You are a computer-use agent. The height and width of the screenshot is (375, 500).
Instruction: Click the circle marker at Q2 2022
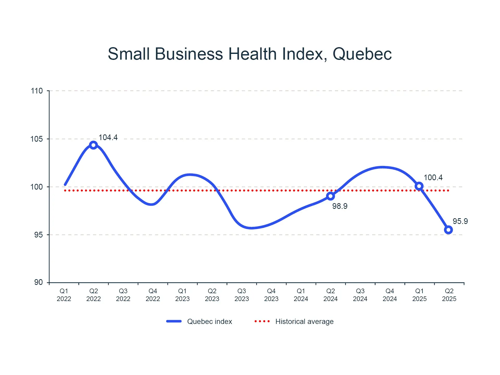coord(93,145)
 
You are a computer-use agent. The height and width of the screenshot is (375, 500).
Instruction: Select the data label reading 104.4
coord(108,137)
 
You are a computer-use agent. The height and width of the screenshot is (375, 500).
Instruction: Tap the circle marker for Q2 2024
coord(330,196)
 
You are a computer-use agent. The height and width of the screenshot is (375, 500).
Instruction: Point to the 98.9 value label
coord(340,206)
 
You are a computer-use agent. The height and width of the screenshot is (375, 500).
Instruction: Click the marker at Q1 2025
coord(419,186)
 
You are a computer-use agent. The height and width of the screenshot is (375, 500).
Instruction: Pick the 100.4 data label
coord(433,178)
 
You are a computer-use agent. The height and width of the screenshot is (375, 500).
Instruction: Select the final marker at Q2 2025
coord(448,230)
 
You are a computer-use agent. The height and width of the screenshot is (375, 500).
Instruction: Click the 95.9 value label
coord(460,221)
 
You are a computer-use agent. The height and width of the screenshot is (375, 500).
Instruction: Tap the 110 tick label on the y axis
coord(37,91)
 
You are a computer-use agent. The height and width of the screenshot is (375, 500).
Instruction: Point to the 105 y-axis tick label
coord(37,139)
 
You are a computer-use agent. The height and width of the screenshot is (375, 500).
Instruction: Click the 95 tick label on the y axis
coord(38,235)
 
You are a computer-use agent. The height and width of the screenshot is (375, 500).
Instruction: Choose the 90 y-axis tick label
coord(38,282)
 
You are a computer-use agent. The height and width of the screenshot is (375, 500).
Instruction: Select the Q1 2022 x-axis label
coord(64,295)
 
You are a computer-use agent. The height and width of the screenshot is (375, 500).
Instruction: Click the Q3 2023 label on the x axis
coord(242,295)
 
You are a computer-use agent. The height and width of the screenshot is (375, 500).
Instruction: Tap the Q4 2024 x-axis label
coord(390,295)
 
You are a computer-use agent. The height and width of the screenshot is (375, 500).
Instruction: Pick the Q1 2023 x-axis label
coord(182,295)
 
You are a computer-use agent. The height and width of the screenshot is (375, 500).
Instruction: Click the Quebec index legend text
coord(210,322)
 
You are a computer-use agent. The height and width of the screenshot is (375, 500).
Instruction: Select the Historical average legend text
coord(304,322)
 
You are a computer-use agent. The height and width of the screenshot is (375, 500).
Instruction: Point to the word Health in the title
coord(252,54)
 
